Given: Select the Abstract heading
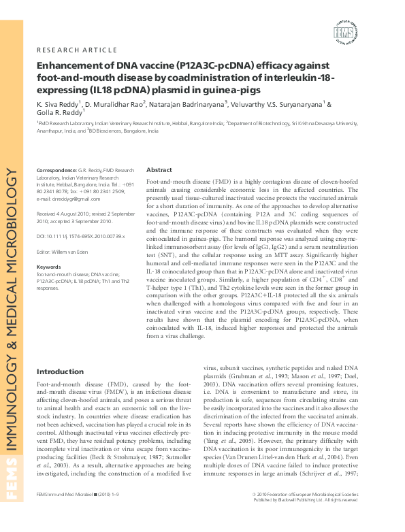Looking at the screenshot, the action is point(159,170).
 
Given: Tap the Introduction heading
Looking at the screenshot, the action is point(60,372).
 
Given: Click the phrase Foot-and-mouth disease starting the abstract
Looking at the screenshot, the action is point(176,184).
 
